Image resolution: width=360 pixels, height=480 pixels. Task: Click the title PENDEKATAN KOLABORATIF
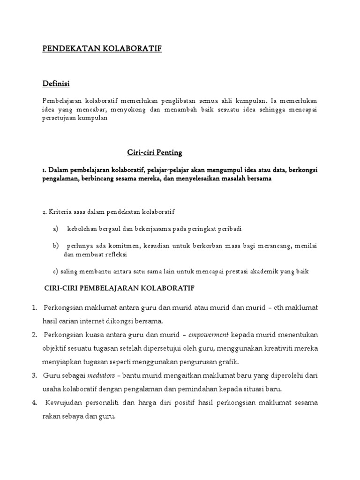click(102, 49)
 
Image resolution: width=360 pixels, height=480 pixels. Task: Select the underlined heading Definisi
click(56, 83)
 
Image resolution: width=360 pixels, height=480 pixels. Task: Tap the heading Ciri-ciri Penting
click(155, 152)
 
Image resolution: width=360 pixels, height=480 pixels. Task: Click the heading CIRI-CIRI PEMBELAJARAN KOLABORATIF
click(119, 287)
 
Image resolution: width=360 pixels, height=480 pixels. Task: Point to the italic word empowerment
click(210, 335)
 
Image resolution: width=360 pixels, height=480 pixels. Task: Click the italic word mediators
click(102, 375)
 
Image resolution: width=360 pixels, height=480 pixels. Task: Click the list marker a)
click(55, 229)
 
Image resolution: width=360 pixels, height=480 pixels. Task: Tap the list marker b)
click(55, 246)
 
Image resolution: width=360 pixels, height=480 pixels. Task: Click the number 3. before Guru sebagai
click(34, 375)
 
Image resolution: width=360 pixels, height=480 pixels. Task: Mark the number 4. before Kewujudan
click(34, 403)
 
